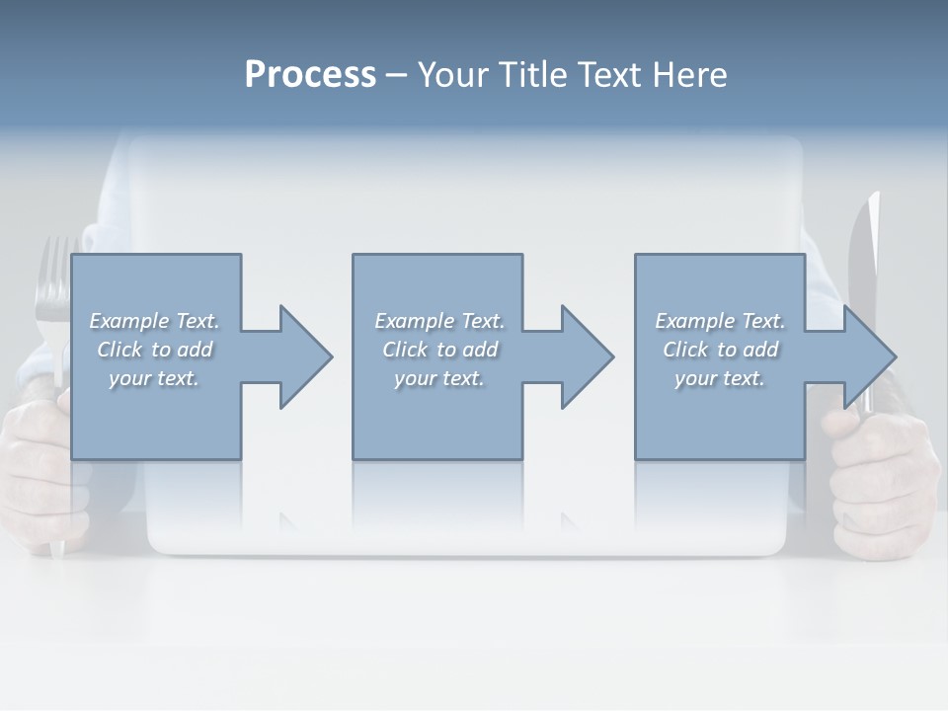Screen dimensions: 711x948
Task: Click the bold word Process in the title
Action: click(310, 75)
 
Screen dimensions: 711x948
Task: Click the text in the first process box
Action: click(154, 350)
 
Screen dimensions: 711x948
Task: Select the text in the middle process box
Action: click(439, 350)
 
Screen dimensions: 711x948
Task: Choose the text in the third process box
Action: click(720, 350)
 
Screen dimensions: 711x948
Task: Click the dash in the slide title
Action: click(396, 75)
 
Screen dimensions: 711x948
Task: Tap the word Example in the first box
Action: click(128, 321)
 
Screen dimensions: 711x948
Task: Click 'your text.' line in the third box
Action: click(720, 378)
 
